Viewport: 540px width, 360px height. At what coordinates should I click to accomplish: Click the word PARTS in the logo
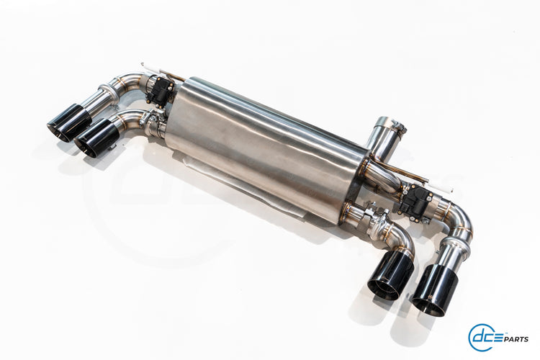[517, 339]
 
